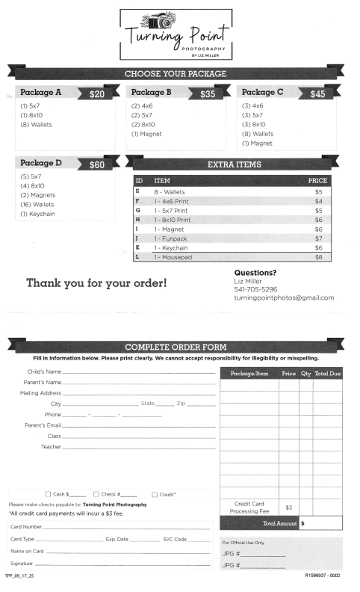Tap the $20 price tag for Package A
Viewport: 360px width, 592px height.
[x=96, y=95]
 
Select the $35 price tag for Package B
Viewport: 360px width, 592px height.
[x=207, y=95]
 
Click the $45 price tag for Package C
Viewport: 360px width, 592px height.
[x=317, y=95]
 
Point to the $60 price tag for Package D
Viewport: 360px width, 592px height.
[x=96, y=165]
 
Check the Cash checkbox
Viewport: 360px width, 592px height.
[x=49, y=494]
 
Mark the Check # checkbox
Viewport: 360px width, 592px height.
[x=96, y=494]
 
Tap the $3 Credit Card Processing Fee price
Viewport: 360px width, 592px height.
[x=288, y=508]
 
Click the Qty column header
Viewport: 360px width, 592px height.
[x=305, y=373]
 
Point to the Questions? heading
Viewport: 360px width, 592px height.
[x=255, y=273]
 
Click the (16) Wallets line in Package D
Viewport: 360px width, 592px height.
[x=40, y=204]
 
